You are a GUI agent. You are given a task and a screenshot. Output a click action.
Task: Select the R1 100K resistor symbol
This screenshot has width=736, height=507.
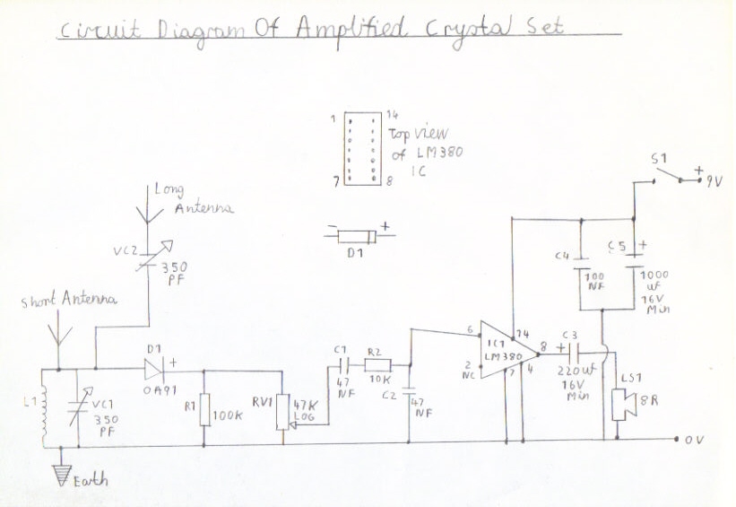click(204, 409)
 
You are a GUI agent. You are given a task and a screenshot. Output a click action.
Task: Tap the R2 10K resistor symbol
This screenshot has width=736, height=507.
click(378, 364)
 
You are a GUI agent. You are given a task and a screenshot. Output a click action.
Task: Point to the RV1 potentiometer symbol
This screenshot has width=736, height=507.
click(283, 408)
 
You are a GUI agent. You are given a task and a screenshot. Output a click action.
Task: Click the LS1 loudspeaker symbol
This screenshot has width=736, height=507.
click(618, 401)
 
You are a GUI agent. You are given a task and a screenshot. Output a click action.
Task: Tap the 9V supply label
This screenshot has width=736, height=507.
click(715, 180)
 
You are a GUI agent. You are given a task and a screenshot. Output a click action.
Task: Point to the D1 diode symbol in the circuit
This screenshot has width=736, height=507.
click(151, 368)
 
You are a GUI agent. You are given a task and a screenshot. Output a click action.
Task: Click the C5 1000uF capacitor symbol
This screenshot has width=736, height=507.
click(634, 262)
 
